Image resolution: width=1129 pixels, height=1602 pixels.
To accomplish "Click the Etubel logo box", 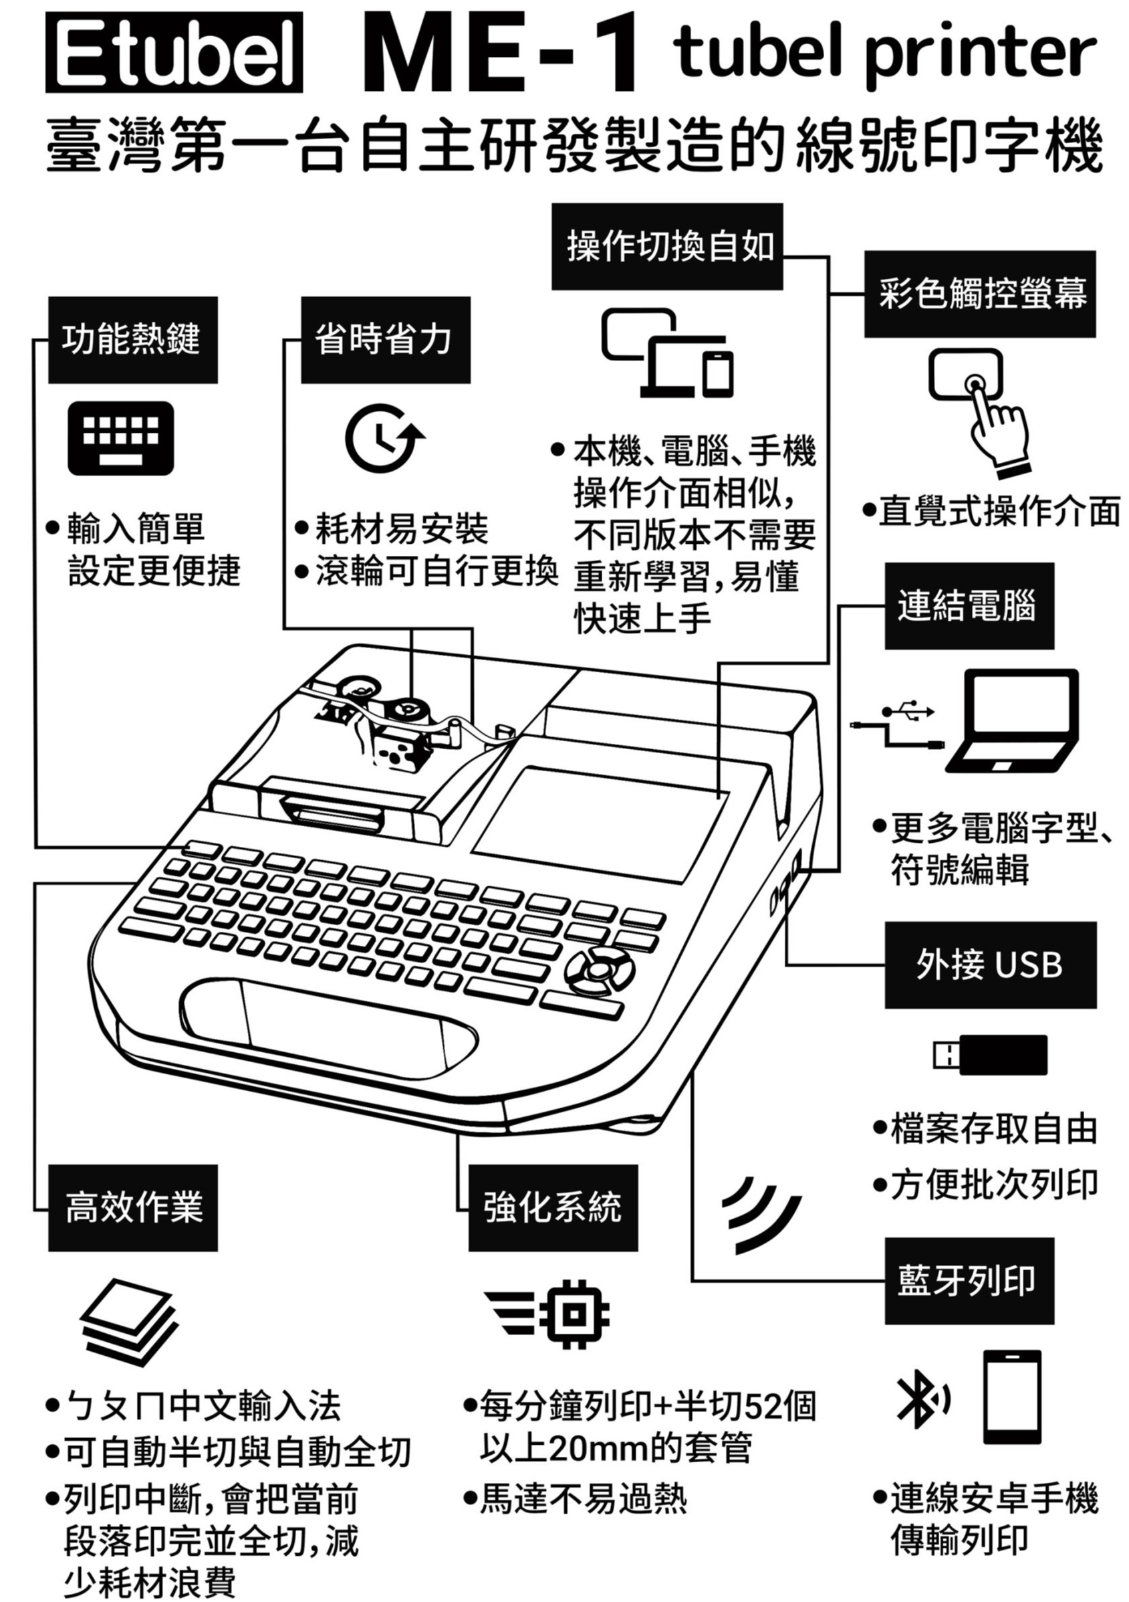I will (174, 54).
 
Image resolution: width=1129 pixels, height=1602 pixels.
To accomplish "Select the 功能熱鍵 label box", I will (132, 340).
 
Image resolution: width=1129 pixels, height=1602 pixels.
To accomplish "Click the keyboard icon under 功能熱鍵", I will (120, 438).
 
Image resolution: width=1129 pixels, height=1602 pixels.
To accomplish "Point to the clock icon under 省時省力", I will (384, 437).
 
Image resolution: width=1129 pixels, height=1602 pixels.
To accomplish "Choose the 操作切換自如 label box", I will (666, 246).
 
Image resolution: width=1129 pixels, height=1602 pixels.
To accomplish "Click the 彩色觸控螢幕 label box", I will (980, 294).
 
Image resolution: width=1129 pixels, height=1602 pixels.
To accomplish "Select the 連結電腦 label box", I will (969, 605).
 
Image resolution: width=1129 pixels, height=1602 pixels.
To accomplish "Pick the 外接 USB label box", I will (990, 965).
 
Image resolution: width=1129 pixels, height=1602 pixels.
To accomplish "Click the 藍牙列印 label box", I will (969, 1281).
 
